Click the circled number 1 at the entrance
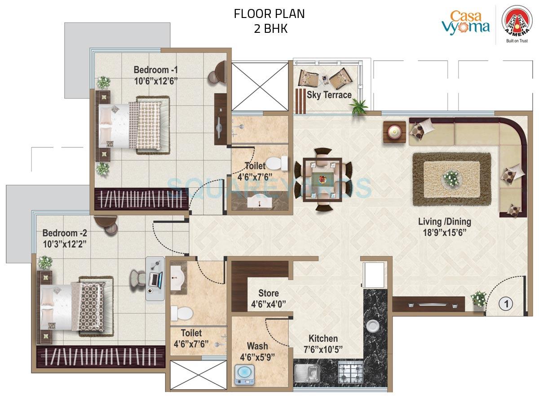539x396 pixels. (506, 304)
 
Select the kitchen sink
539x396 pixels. (307, 373)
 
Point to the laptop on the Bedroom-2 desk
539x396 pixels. (154, 280)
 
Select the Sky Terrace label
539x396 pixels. (329, 95)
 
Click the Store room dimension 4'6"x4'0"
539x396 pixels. (268, 304)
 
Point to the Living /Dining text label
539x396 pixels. (444, 222)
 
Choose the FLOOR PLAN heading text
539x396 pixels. (269, 14)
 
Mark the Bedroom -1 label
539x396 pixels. (156, 70)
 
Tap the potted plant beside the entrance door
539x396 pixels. (479, 299)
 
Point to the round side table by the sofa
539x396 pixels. (394, 132)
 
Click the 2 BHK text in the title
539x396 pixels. (269, 29)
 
